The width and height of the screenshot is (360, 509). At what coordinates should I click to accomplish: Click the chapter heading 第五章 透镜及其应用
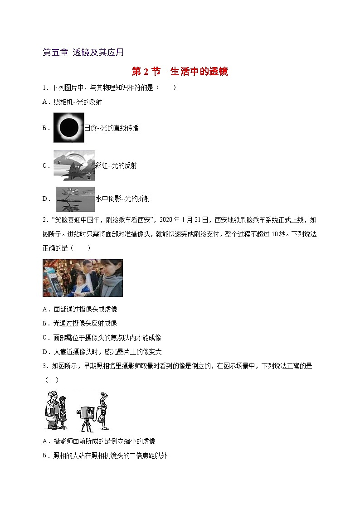pos(83,52)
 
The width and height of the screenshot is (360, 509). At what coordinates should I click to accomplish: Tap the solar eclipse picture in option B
pos(69,128)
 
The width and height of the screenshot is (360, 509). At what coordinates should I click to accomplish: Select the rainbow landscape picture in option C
pos(74,165)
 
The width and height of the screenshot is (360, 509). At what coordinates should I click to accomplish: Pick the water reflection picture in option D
pos(75,199)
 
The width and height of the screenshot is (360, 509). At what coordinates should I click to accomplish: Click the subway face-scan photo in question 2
pos(83,278)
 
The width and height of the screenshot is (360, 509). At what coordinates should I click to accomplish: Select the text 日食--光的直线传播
pos(112,128)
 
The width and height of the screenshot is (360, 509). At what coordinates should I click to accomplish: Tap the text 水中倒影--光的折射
pos(122,199)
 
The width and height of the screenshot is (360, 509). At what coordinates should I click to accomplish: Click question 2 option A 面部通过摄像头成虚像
pos(85,309)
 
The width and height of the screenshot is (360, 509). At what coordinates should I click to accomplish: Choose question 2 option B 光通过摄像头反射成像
pos(85,323)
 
